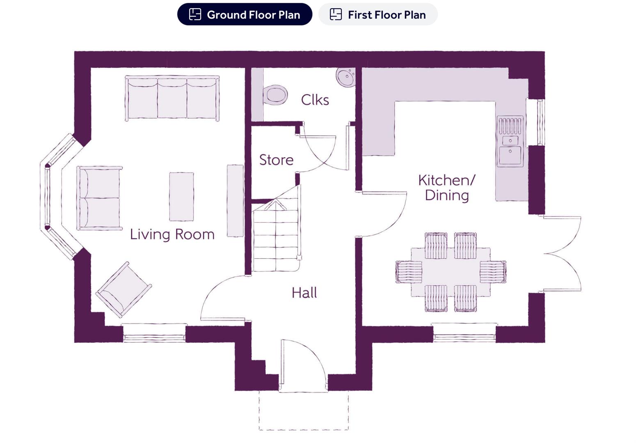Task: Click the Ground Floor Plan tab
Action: (245, 14)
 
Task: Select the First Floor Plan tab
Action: (378, 14)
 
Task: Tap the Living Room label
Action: (172, 234)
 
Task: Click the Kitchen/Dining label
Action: (446, 187)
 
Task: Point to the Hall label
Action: (304, 293)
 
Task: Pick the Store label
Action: (276, 160)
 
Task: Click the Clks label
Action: (315, 100)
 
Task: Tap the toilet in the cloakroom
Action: (275, 95)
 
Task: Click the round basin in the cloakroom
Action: (346, 77)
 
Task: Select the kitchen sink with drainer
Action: (510, 141)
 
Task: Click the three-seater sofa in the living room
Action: (172, 98)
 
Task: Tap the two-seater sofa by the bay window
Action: (99, 198)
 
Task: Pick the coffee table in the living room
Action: (181, 197)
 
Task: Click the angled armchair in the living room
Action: (123, 290)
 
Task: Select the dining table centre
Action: (451, 272)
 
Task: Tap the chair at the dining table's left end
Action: (409, 272)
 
